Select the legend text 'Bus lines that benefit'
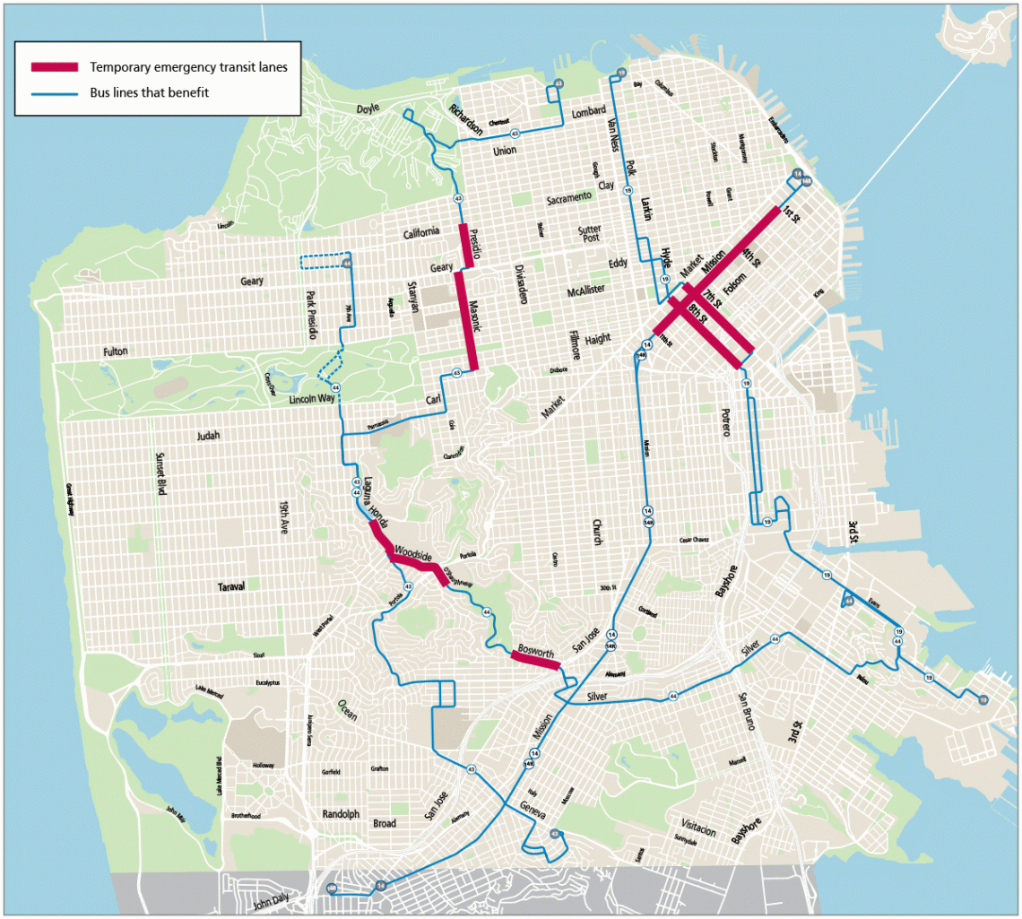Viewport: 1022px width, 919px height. [x=149, y=92]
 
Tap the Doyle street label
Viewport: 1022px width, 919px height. [x=368, y=108]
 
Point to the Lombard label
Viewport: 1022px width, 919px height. [x=588, y=113]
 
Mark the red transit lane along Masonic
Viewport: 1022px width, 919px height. [x=466, y=320]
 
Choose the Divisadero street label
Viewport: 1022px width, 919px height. [x=520, y=284]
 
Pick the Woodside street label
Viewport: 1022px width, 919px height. [x=411, y=553]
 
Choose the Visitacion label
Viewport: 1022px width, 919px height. [x=698, y=830]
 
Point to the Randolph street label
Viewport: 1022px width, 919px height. [x=340, y=814]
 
